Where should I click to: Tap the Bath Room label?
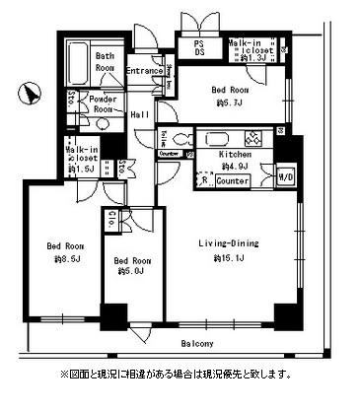[106, 61]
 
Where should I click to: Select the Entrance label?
[144, 72]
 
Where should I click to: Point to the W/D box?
[286, 177]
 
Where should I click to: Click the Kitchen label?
[235, 155]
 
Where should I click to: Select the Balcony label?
[198, 343]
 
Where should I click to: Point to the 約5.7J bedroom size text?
[232, 103]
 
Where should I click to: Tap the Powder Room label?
[103, 104]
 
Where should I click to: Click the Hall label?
[140, 115]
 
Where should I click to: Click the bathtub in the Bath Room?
[80, 64]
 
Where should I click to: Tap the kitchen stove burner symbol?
[252, 138]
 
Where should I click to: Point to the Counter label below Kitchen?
[233, 181]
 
